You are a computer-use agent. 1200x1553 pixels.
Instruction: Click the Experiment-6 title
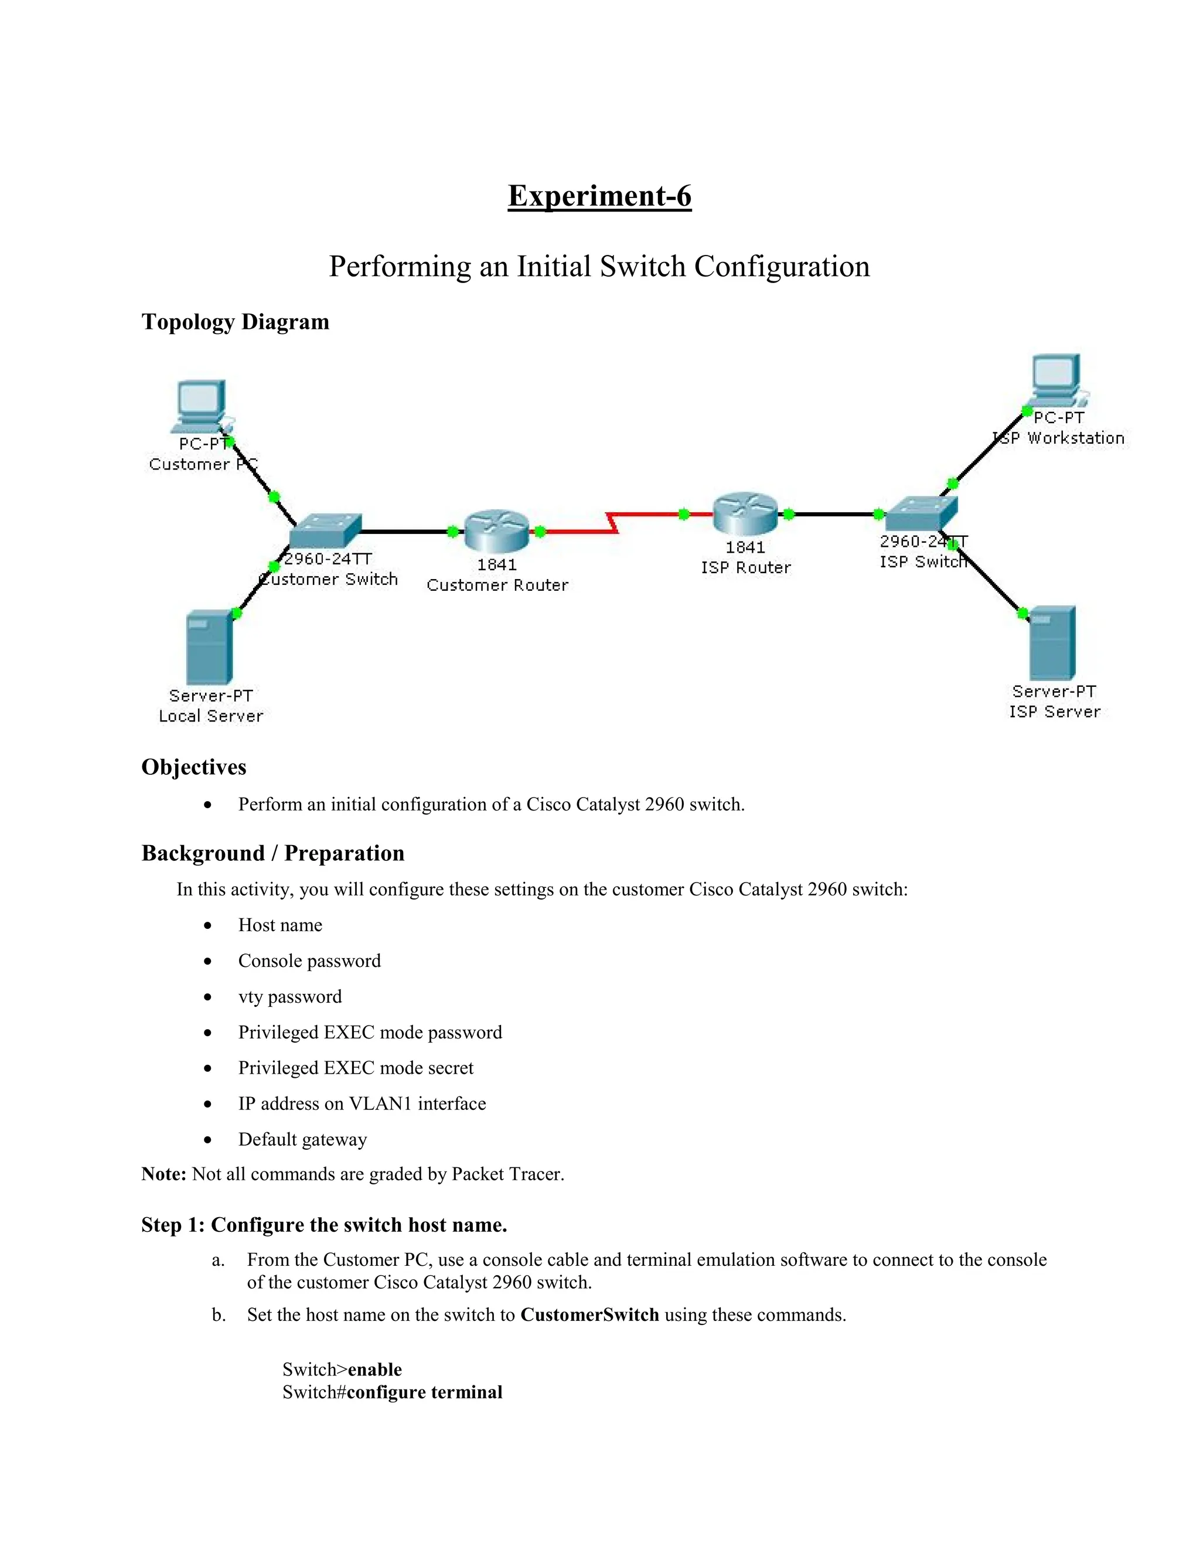click(599, 196)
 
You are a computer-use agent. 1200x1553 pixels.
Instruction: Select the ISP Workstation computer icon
click(1057, 380)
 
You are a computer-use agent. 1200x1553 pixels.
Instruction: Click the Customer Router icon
click(497, 530)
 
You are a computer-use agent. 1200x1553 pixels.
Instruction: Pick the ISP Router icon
click(745, 513)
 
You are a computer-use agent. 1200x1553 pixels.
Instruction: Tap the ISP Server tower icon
click(1053, 643)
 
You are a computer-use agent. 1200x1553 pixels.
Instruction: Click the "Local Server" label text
click(210, 716)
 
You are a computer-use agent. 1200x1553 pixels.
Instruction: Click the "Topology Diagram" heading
click(236, 322)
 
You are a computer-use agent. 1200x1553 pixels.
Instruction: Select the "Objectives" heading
click(193, 767)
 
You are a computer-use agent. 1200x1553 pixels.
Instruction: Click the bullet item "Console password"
click(309, 961)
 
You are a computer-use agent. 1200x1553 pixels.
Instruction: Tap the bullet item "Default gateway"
click(302, 1140)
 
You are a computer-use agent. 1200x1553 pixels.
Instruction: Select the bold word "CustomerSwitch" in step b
click(589, 1315)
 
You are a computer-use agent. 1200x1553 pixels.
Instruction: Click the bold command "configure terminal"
click(424, 1392)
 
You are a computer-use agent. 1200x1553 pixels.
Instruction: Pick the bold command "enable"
click(374, 1370)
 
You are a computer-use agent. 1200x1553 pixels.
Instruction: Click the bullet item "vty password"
click(289, 997)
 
